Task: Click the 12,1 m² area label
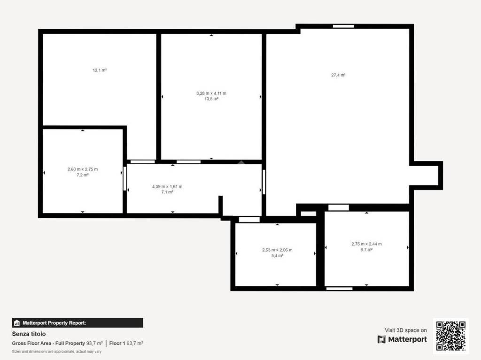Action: (x=100, y=70)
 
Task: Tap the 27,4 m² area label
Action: (x=338, y=75)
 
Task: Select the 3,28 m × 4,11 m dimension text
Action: (x=211, y=93)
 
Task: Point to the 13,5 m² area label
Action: (x=211, y=99)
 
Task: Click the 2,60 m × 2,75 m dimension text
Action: (x=83, y=169)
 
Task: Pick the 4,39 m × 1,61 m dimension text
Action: (x=167, y=186)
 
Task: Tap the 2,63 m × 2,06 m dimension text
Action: (x=277, y=250)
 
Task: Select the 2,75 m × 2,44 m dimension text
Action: (x=366, y=244)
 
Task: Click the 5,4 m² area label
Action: (x=277, y=255)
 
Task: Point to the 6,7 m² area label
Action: (x=366, y=250)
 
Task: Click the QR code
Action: (x=451, y=336)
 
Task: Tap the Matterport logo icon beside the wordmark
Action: (x=381, y=339)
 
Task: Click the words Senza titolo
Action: (x=29, y=334)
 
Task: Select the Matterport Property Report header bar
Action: (x=78, y=323)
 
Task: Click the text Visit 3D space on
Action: (x=405, y=330)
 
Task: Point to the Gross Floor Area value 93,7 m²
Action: (x=94, y=344)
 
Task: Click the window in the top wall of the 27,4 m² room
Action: (x=343, y=26)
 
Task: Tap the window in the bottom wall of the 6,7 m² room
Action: (x=339, y=289)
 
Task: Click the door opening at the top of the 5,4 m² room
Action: (x=249, y=220)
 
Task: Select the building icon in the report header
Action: (x=17, y=323)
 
